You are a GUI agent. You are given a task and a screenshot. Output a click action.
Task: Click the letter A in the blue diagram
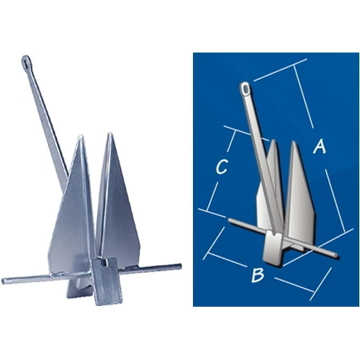[320, 147]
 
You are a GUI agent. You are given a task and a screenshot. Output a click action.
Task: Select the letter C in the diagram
[222, 168]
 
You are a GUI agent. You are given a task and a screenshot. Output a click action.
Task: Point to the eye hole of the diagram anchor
[245, 89]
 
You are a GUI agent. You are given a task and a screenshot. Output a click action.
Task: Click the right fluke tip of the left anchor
[109, 134]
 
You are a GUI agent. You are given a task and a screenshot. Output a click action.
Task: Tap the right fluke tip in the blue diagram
[294, 143]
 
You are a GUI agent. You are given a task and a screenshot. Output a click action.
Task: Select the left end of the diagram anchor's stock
[228, 220]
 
